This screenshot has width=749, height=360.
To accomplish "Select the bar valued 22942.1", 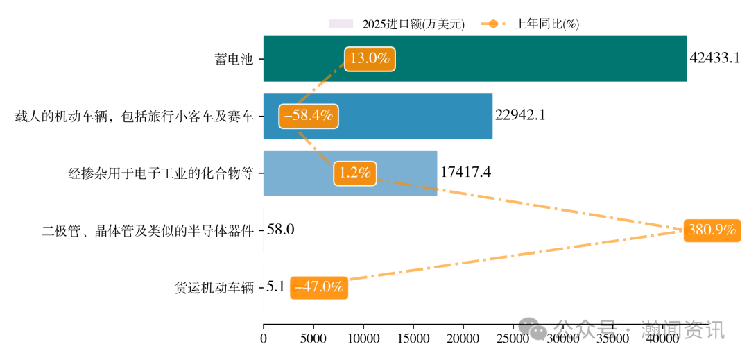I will [416, 116].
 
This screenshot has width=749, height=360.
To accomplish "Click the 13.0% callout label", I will [370, 59].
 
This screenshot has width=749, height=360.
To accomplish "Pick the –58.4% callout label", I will [308, 116].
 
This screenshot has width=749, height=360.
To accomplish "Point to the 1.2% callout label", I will [354, 173].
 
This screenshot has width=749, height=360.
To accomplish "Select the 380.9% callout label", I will [712, 230].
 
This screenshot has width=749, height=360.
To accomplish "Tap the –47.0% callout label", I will [319, 286].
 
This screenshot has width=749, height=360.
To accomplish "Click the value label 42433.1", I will [715, 58].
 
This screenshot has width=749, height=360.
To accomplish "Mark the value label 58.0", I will [281, 230].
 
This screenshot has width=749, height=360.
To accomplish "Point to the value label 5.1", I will [275, 286].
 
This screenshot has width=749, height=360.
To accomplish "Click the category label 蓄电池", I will [234, 59].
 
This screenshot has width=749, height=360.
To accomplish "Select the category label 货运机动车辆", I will [214, 287].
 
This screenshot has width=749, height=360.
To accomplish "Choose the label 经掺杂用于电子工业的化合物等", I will [161, 173].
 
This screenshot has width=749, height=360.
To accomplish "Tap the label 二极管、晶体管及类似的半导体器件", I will [147, 230].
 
